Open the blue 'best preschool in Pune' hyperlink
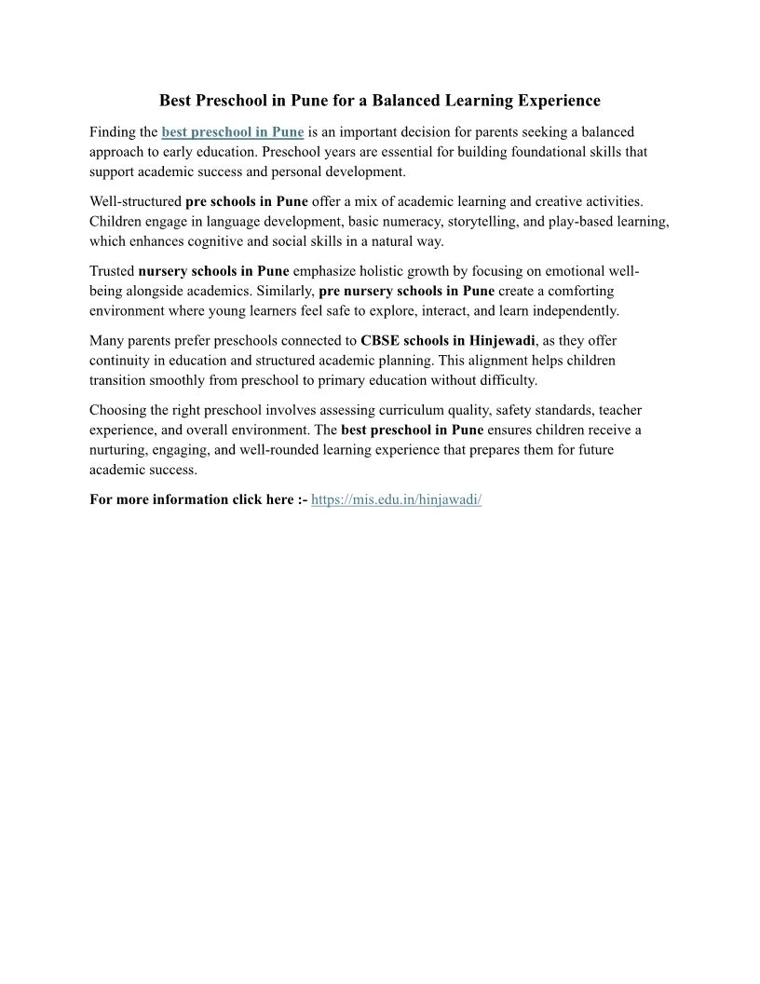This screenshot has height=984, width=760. click(233, 132)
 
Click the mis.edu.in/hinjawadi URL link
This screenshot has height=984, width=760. click(396, 499)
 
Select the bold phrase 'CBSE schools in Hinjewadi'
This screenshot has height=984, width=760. click(448, 340)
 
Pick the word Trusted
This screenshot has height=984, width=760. click(112, 271)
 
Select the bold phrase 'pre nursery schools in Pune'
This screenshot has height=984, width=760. click(406, 291)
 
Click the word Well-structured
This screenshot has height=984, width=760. click(135, 201)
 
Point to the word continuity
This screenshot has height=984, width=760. click(118, 361)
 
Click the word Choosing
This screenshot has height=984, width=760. click(117, 410)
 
